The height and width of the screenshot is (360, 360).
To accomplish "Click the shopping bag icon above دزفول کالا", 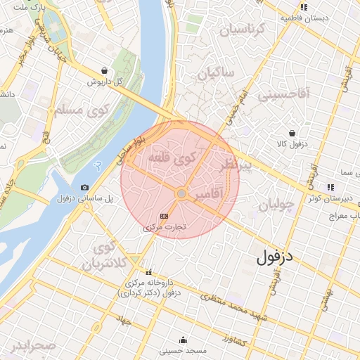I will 292,133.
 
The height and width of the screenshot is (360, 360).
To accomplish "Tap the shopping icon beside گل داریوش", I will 105,70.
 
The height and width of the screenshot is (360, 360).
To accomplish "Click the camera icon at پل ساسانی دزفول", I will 85,187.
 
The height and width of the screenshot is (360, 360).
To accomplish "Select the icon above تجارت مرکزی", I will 165,216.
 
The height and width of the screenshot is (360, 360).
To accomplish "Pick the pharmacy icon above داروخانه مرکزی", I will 148,272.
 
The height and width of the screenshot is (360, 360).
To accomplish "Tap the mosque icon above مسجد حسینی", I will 184,339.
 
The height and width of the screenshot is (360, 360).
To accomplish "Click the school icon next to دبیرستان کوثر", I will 329,187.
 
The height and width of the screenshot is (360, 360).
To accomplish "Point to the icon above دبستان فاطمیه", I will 304,7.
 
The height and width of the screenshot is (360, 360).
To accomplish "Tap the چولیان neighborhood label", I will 275,205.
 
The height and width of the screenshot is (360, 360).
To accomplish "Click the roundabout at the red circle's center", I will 181,193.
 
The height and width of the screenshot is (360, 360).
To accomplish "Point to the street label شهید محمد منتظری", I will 233,307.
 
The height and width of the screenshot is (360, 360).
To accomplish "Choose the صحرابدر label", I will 32,346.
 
